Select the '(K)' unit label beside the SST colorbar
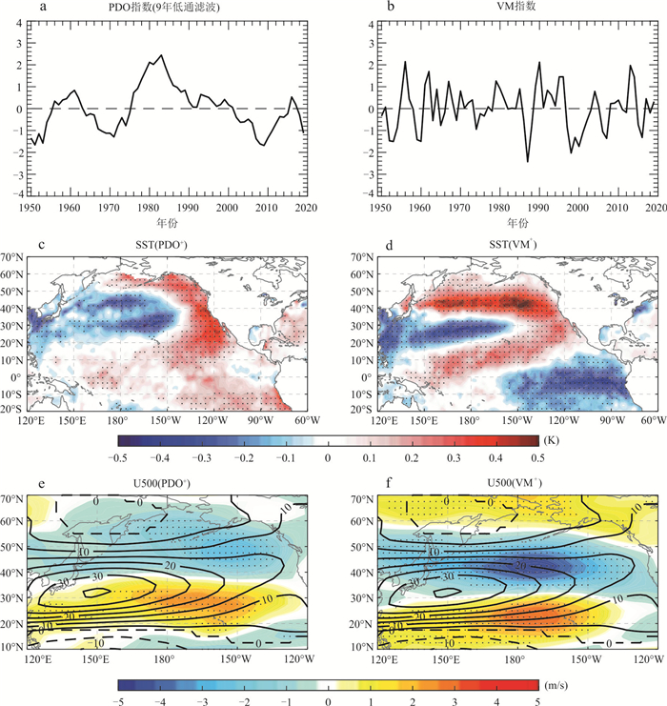click(548, 441)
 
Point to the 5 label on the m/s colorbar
click(536, 698)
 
